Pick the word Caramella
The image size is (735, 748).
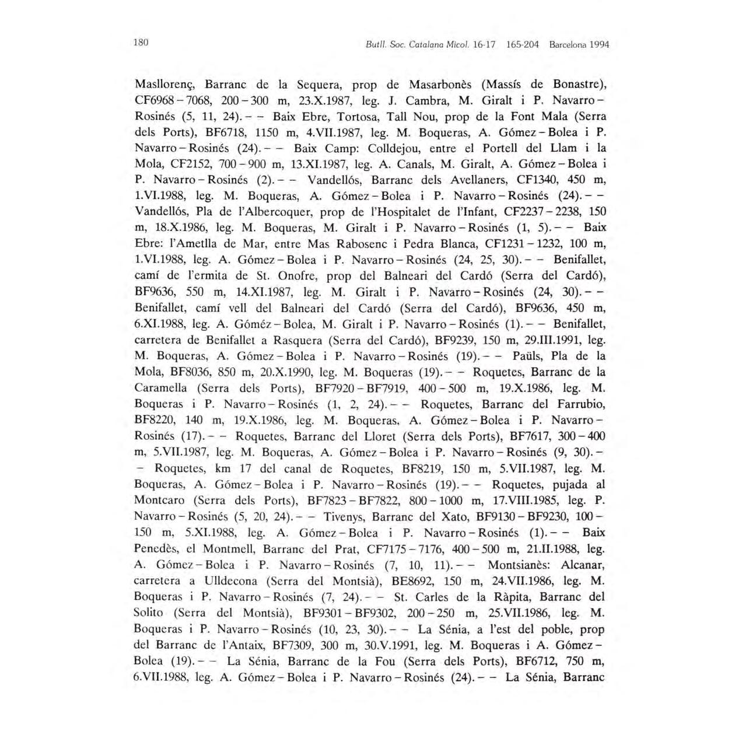tap(161, 388)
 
